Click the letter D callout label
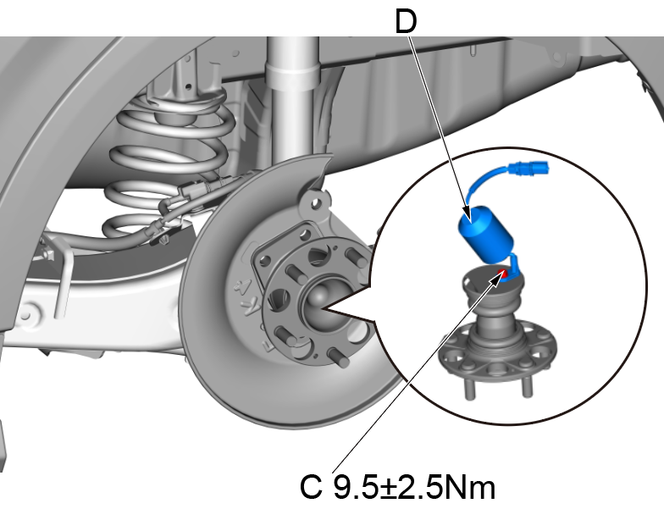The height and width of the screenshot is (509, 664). pyautogui.click(x=407, y=21)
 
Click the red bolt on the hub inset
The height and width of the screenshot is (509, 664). pyautogui.click(x=502, y=273)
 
